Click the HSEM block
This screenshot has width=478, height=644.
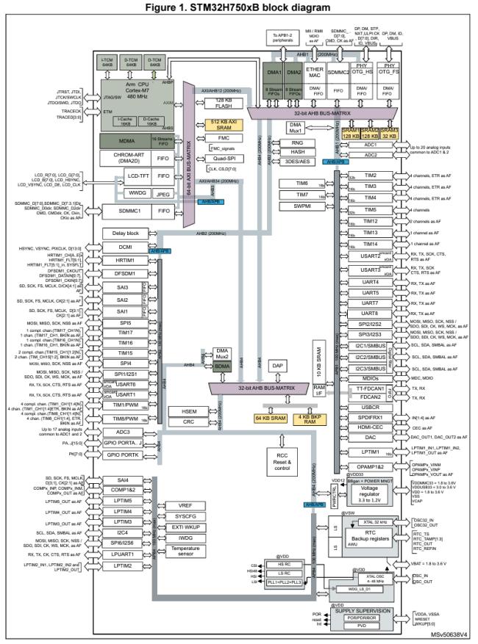(x=182, y=410)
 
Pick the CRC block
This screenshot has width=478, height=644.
(x=182, y=422)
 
